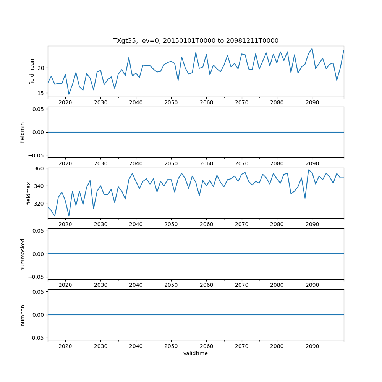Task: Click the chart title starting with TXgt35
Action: click(x=196, y=40)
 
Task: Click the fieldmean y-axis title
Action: click(x=32, y=71)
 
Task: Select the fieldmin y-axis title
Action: click(x=23, y=132)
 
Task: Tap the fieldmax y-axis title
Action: click(x=28, y=193)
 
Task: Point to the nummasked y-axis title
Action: click(x=23, y=254)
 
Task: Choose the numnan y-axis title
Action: click(x=23, y=315)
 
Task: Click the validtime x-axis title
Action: click(x=196, y=353)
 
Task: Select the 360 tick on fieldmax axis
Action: click(x=40, y=168)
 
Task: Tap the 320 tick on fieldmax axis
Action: click(x=40, y=204)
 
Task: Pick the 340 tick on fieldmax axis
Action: click(x=40, y=186)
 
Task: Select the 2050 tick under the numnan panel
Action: click(x=171, y=346)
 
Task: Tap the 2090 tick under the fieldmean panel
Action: click(x=312, y=103)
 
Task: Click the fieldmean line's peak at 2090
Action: click(x=312, y=48)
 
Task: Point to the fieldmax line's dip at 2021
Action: click(x=69, y=216)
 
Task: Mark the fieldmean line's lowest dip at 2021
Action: click(x=69, y=94)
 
